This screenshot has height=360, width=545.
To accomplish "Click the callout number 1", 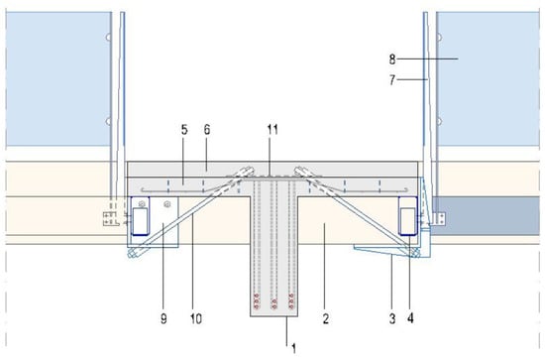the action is click(294, 349).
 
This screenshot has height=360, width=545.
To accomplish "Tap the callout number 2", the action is click(326, 318).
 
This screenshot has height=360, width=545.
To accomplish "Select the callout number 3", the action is click(392, 318).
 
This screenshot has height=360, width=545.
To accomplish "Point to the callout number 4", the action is click(410, 318).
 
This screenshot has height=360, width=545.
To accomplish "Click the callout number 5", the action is click(184, 130).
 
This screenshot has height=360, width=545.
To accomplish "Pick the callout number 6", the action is click(207, 130).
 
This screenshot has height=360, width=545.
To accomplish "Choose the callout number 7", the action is click(392, 80).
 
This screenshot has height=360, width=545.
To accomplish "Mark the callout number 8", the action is click(392, 60).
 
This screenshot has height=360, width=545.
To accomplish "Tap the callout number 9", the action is click(163, 318).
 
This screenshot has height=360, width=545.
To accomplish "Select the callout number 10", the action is click(196, 318).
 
